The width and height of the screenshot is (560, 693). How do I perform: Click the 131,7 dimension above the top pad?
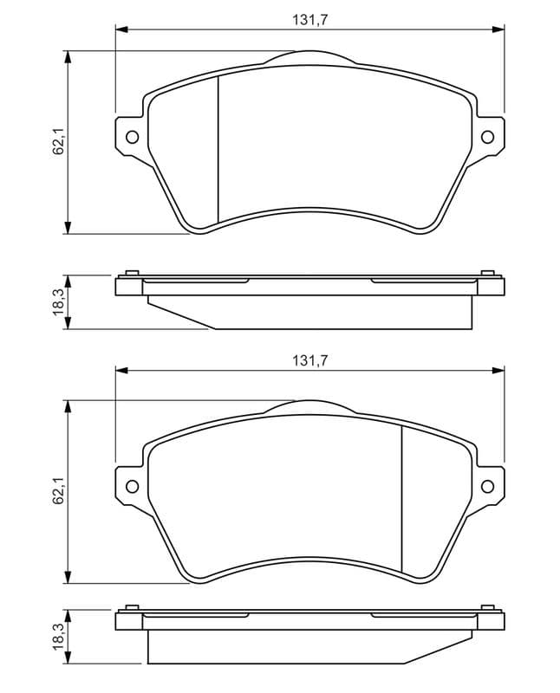pyautogui.click(x=309, y=20)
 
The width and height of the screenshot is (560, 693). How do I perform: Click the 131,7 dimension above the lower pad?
pyautogui.click(x=309, y=361)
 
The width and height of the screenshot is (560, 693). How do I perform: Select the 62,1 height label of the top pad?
pyautogui.click(x=58, y=141)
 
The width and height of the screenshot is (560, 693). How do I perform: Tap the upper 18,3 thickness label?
pyautogui.click(x=58, y=302)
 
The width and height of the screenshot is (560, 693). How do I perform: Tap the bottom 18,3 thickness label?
pyautogui.click(x=58, y=637)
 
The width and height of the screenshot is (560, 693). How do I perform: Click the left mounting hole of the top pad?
pyautogui.click(x=133, y=137)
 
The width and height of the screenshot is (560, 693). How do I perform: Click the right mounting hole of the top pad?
pyautogui.click(x=487, y=137)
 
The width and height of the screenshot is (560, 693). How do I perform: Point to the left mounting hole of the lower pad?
pyautogui.click(x=133, y=486)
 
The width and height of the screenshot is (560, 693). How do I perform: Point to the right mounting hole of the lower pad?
pyautogui.click(x=487, y=486)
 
